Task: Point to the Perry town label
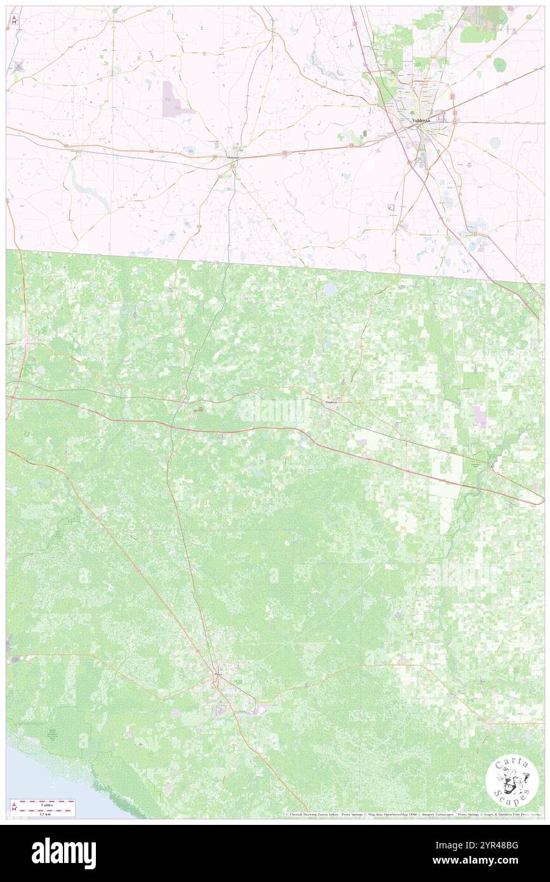click(x=218, y=675)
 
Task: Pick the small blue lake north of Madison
click(x=330, y=289)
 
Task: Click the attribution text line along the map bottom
click(x=413, y=814)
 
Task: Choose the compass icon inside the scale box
click(x=15, y=807)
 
